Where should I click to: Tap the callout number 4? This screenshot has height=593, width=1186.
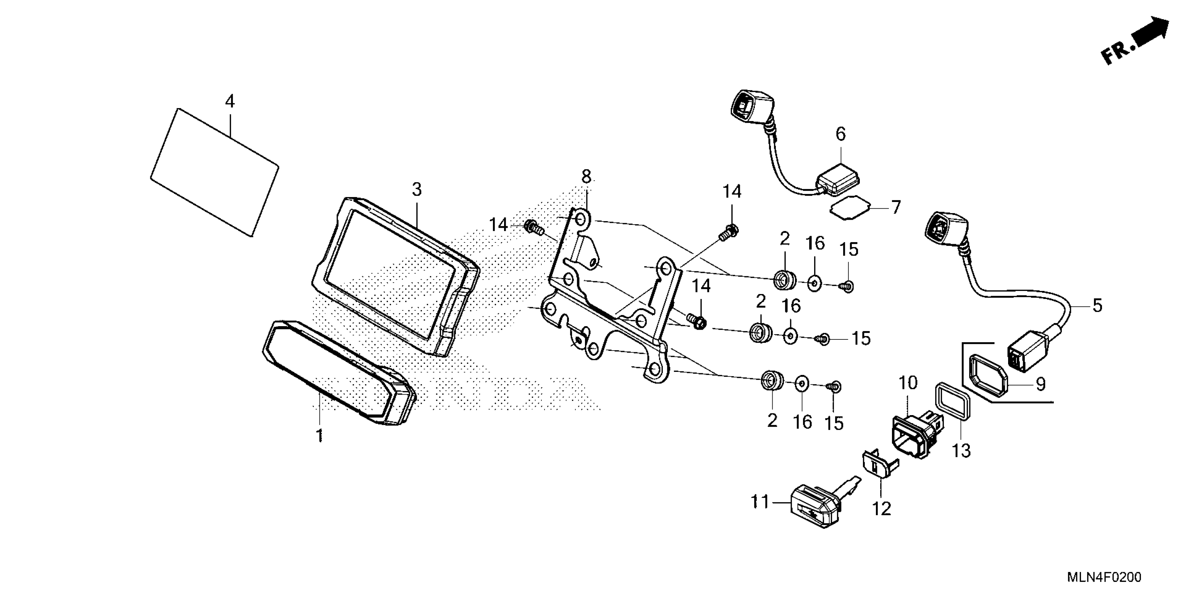tap(230, 101)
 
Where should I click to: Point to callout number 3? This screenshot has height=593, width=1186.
tap(416, 189)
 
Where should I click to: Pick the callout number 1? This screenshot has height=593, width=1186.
tap(319, 435)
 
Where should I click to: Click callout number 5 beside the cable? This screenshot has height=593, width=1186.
tap(1097, 305)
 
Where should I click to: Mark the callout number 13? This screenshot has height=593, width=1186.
tap(961, 451)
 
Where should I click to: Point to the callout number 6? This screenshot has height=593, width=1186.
tap(841, 134)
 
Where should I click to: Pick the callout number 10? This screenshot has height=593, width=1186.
tap(908, 383)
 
